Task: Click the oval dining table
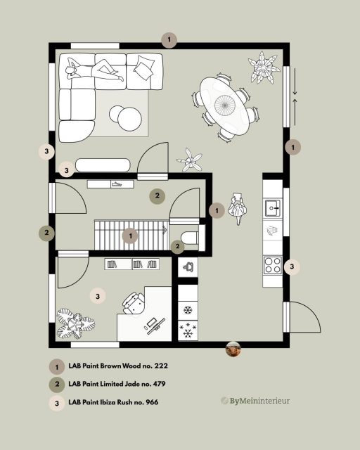pos(226,105)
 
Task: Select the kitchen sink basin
pos(274,208)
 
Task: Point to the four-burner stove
pos(273,265)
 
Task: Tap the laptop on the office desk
pos(155,325)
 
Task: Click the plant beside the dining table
pos(264,67)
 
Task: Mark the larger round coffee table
pos(130,119)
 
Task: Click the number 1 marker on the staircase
pos(129,236)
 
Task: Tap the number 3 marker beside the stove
pos(292,266)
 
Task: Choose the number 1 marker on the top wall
pos(169,39)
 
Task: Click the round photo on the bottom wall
pos(233,347)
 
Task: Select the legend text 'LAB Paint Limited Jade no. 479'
pos(117,385)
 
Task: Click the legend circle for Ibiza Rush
pos(55,403)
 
